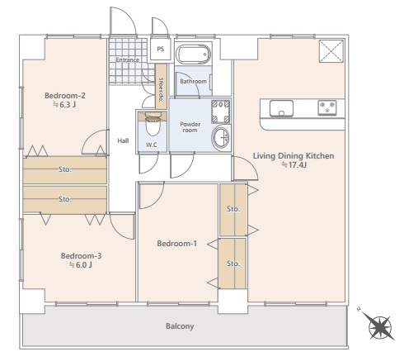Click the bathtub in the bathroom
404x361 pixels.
point(193,54)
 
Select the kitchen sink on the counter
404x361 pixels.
point(281,108)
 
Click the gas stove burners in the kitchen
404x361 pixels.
point(327,107)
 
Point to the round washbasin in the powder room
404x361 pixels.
point(221,138)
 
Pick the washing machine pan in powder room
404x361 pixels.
point(221,112)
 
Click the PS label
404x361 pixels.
point(161,49)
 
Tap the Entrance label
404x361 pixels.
point(127,59)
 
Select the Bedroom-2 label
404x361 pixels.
point(65,96)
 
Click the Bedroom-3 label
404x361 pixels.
point(81,256)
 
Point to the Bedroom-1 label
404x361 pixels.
point(176,244)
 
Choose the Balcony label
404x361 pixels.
point(180,326)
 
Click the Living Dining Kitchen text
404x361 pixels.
point(294,156)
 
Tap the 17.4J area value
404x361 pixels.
point(294,165)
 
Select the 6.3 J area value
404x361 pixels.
point(64,105)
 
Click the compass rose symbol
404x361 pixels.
point(379,327)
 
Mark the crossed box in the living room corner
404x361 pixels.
point(331,51)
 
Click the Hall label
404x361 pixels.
point(123,140)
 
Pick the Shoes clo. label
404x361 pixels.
point(161,89)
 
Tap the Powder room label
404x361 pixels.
point(190,127)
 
